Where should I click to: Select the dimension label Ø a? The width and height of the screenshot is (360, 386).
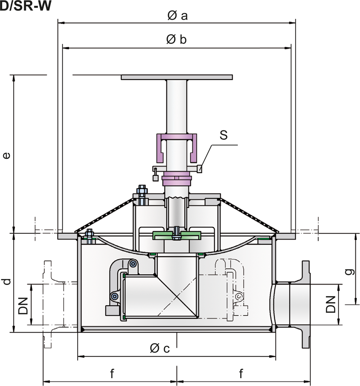(x=177, y=16)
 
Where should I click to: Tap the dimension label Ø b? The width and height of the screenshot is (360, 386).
(x=176, y=40)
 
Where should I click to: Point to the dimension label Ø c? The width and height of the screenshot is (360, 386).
(x=160, y=348)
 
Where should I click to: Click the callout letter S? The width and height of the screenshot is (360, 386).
(x=223, y=135)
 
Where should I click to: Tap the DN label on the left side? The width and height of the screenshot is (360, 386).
(x=23, y=305)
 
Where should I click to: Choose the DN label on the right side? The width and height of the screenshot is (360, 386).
(x=331, y=304)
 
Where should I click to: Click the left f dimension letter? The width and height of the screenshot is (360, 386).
(x=112, y=374)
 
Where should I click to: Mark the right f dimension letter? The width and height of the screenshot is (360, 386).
(x=242, y=374)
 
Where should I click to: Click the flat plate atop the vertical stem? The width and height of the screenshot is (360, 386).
(x=177, y=77)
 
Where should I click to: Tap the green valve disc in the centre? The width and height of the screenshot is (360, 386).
(x=177, y=235)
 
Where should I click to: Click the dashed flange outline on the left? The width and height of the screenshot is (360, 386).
(x=47, y=304)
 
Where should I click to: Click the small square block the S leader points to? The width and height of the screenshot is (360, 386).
(x=200, y=169)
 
